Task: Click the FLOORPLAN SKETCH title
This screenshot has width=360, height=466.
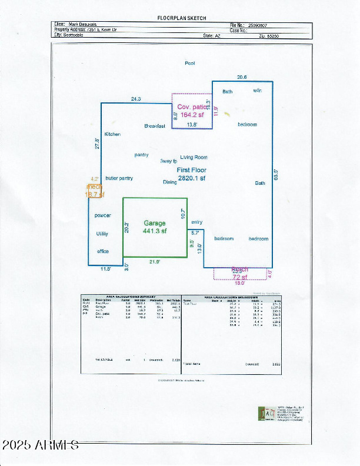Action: click(182, 18)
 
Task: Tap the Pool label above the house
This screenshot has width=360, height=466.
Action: click(189, 63)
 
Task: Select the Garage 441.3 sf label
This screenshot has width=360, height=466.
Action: click(155, 227)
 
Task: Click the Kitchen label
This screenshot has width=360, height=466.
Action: click(112, 134)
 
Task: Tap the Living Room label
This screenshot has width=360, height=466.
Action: click(194, 157)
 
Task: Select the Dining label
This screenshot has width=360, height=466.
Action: click(170, 182)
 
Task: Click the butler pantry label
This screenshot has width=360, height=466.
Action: click(119, 178)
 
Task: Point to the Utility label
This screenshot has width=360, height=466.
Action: click(102, 234)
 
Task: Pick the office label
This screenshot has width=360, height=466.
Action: click(103, 251)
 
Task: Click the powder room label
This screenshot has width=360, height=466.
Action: click(102, 216)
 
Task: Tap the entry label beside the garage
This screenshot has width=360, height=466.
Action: click(196, 222)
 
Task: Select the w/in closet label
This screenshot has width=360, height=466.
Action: click(258, 91)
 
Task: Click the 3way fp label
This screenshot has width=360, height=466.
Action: click(168, 161)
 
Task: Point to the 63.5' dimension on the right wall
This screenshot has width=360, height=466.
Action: click(275, 175)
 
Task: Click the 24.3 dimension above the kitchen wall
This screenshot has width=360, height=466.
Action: click(135, 99)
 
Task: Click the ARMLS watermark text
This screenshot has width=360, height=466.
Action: click(40, 445)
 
